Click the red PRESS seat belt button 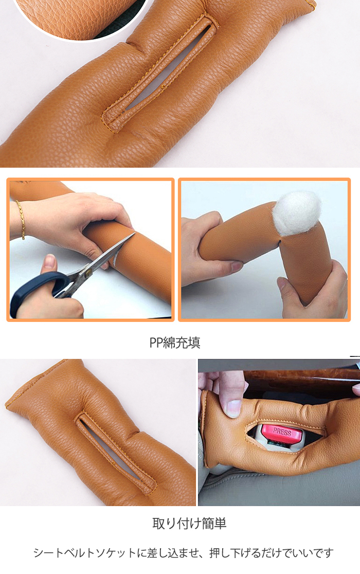point(282,434)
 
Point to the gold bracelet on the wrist point(21,219)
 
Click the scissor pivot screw point(88,272)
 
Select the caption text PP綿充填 point(175,343)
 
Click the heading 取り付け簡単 point(189,523)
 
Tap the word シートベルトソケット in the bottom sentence point(84,553)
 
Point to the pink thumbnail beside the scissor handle point(49,261)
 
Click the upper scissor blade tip point(135,234)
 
